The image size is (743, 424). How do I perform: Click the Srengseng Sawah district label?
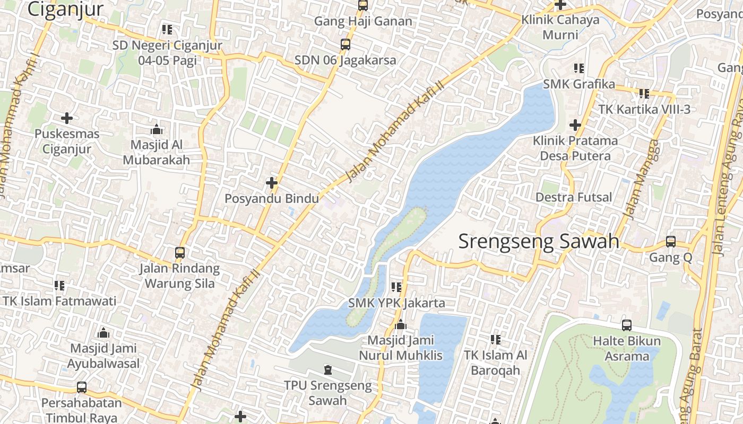[539, 241]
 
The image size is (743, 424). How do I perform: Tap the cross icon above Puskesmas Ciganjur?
[67, 118]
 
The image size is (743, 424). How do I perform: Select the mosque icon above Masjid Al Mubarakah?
[156, 129]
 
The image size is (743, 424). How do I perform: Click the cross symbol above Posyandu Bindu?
[272, 183]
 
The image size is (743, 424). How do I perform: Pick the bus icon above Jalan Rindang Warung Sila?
[180, 252]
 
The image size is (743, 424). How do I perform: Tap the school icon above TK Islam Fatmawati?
[59, 286]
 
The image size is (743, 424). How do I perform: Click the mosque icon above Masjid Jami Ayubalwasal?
[103, 333]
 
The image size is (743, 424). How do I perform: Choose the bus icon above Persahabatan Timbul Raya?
[82, 387]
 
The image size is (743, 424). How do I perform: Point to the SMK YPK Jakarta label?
[396, 303]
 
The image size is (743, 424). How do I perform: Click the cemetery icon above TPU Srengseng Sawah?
[327, 369]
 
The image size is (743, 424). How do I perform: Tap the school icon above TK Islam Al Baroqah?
[496, 339]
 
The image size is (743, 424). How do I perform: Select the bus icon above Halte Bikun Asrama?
[626, 325]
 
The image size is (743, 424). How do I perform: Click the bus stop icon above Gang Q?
[671, 242]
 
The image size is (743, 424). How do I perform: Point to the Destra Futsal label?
[574, 197]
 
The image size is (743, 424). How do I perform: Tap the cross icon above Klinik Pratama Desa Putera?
[575, 125]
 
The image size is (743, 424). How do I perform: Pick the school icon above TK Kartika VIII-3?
[644, 94]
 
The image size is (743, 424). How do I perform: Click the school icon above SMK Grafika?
[579, 68]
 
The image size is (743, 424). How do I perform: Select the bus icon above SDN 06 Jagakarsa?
[345, 45]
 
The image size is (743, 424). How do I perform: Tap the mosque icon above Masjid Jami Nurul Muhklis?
[401, 324]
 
